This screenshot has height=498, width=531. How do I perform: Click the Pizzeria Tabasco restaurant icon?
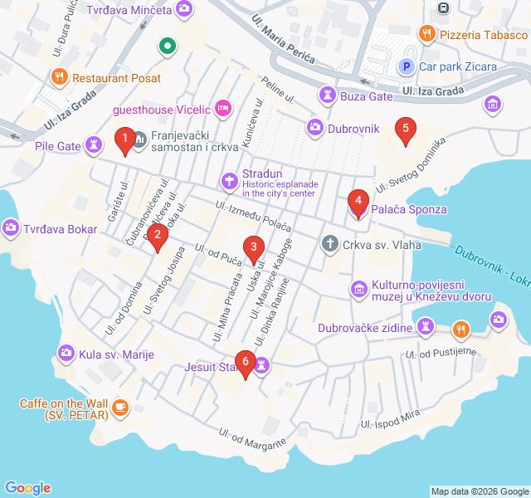pos(427,34)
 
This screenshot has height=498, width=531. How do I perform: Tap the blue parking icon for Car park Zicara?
pos(407,66)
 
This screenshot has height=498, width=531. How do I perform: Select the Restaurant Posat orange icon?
pos(59,77)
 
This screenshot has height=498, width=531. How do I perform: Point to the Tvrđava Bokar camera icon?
pos(11,227)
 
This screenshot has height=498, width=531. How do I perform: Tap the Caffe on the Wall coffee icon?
pos(121,407)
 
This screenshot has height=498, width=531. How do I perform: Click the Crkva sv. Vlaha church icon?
pos(329,244)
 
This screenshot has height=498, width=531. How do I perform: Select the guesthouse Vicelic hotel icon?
pos(222,108)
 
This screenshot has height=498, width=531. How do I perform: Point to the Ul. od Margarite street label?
pos(253,437)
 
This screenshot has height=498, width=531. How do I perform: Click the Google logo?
pos(27,488)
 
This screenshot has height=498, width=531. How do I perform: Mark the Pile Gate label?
pos(57,146)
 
